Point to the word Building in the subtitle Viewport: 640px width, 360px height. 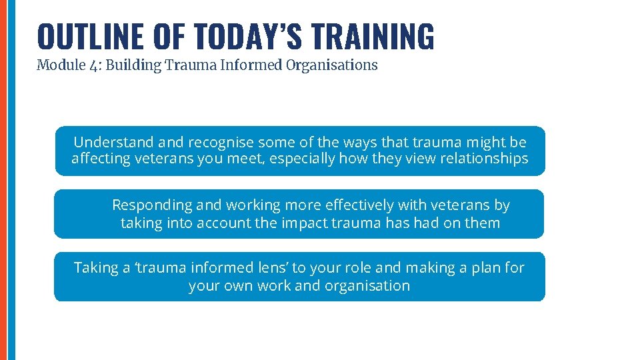click(x=120, y=65)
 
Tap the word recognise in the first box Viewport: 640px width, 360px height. click(x=221, y=142)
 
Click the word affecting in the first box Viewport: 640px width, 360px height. click(x=100, y=159)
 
